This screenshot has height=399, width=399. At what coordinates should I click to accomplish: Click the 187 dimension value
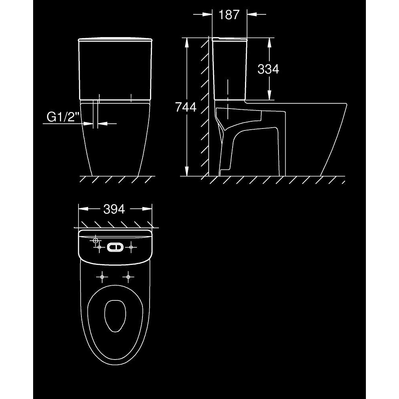pyautogui.click(x=229, y=14)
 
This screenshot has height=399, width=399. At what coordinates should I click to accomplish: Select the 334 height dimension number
pyautogui.click(x=268, y=69)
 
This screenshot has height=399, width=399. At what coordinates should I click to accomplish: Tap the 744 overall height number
pyautogui.click(x=186, y=107)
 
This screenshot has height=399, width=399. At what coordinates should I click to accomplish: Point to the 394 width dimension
pyautogui.click(x=114, y=209)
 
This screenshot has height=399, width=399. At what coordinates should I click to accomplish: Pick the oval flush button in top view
pyautogui.click(x=115, y=247)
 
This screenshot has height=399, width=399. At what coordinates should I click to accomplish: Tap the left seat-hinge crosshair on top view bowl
pyautogui.click(x=102, y=277)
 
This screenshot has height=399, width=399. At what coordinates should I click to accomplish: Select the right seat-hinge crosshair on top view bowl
pyautogui.click(x=128, y=277)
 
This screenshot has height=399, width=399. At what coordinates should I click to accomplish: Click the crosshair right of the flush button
pyautogui.click(x=131, y=247)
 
